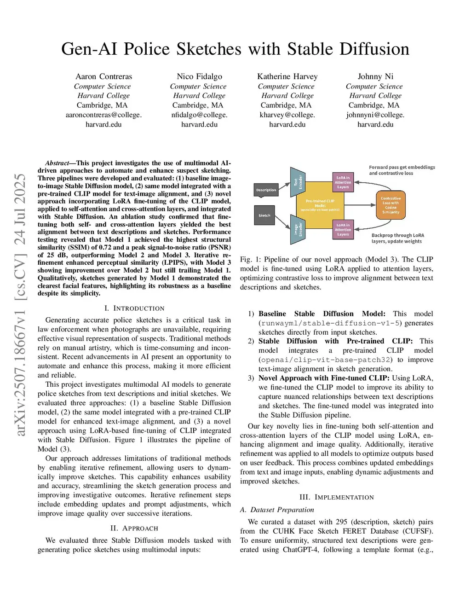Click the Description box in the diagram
click(266, 190)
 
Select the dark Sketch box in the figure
click(264, 215)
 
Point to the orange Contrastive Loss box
click(391, 205)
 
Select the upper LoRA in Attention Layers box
click(343, 182)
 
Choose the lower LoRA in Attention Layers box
click(343, 230)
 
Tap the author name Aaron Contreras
click(103, 76)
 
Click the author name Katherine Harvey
click(287, 76)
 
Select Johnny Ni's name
click(375, 76)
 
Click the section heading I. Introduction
click(134, 308)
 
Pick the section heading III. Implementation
click(337, 497)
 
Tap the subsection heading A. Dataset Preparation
click(277, 510)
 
